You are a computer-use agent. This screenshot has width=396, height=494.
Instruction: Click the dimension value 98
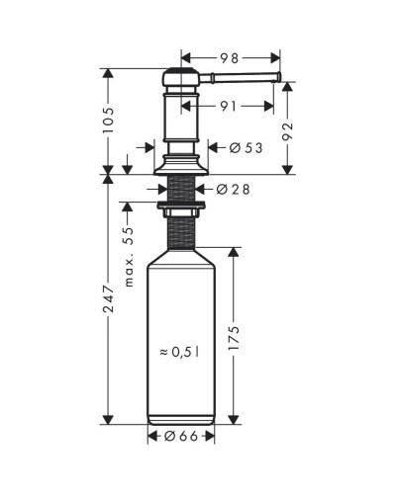pos(229,58)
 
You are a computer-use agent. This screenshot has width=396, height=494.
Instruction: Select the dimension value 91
pos(229,106)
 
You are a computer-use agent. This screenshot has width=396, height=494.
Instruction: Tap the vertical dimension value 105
pos(108,120)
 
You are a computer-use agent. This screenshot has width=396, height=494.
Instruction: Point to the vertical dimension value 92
pos(288,130)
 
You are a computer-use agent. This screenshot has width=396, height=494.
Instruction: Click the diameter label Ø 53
pos(247,148)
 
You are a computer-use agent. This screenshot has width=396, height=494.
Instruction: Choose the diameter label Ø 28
pos(234,189)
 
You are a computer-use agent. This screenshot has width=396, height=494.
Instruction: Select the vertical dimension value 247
pos(108,299)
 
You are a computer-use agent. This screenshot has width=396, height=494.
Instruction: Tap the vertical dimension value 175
pos(234,338)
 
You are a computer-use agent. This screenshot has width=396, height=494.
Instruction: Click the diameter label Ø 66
pos(181,437)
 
